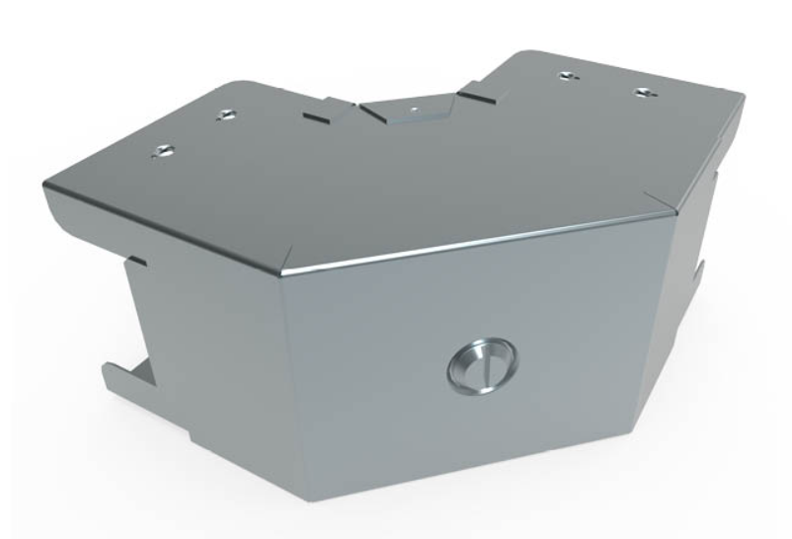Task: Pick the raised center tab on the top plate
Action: pos(407,110)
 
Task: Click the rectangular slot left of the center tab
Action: pos(317,115)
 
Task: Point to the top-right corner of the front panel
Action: pos(674,210)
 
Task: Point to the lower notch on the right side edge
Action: pos(699,269)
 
